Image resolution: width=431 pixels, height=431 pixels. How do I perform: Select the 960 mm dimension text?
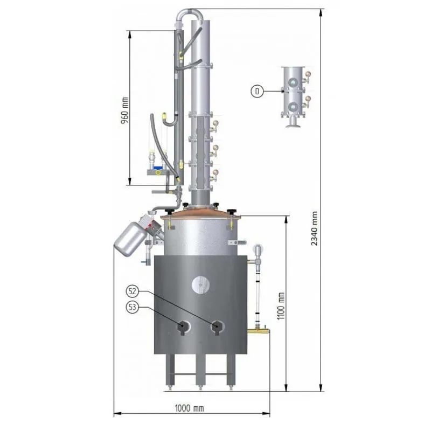pos(124,110)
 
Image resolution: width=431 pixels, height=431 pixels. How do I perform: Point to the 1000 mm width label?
pos(190,408)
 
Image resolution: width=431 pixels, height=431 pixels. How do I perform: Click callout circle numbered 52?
pos(133,291)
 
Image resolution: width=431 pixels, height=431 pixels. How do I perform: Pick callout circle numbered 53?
pos(133,307)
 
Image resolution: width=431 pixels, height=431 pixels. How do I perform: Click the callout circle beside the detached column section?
pos(258,91)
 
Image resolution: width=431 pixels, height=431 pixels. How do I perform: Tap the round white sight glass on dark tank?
pos(200,285)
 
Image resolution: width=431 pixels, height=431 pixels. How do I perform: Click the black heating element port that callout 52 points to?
pos(217,328)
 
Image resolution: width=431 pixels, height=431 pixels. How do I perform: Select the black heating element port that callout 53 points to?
pos(183,328)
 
